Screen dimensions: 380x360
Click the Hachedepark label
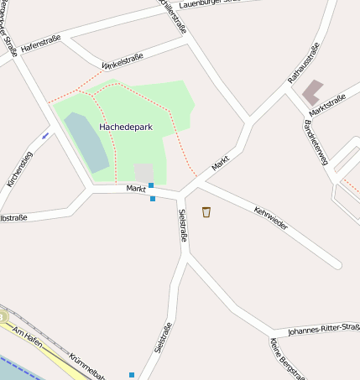(x=125, y=127)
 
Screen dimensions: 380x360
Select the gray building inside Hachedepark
(x=144, y=173)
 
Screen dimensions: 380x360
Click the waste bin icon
(x=206, y=212)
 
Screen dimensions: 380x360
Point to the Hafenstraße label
(x=41, y=45)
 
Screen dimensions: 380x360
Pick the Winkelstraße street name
(x=123, y=60)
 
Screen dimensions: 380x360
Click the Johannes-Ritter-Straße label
(x=324, y=330)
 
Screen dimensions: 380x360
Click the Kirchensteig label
(x=19, y=168)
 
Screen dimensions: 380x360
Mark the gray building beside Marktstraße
(x=314, y=91)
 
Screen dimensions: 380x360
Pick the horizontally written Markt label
(x=136, y=189)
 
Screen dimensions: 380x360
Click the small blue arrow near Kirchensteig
(x=44, y=134)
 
